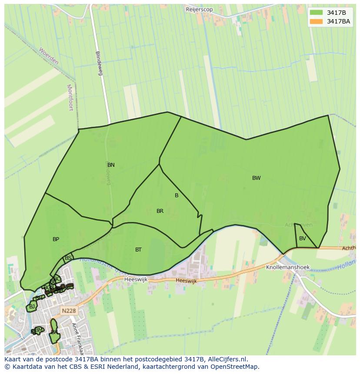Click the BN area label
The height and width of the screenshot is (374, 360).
111,165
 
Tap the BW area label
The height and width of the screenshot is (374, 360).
257,178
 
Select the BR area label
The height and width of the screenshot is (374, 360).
160,211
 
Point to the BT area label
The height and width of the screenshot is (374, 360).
138,250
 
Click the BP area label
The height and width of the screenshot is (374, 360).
56,239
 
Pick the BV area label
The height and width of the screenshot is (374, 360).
303,238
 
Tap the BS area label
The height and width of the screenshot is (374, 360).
68,258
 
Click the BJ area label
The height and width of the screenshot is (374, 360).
32,307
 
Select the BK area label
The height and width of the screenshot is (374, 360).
54,332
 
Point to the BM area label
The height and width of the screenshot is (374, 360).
39,330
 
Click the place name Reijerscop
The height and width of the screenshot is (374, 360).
199,9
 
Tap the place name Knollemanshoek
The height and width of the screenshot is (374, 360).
288,268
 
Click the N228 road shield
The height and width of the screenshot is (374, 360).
68,311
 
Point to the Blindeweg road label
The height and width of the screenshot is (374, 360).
99,63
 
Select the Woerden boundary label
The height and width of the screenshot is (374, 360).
48,56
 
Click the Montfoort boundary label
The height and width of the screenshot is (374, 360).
70,97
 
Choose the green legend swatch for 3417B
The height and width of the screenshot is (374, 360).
317,13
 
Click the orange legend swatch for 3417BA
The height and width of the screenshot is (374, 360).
317,21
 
